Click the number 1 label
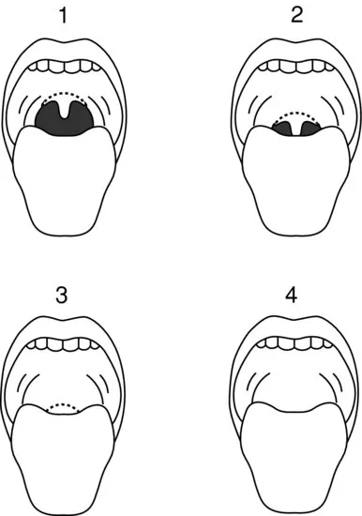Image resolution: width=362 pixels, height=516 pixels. (x=64, y=15)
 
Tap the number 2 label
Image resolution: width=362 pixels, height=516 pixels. (x=297, y=15)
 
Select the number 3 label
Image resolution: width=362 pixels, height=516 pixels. (x=62, y=295)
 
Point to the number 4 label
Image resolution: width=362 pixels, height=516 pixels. (x=292, y=295)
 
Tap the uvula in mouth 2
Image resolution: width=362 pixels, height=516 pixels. (x=296, y=129)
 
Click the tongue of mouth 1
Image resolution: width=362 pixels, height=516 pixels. (x=65, y=177)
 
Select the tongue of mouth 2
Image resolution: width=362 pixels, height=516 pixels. (x=295, y=179)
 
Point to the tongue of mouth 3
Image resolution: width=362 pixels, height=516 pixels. (x=63, y=458)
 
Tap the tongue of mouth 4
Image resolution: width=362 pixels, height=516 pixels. (x=294, y=458)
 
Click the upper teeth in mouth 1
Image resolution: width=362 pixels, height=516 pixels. (x=65, y=66)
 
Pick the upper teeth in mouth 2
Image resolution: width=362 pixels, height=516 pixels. (x=296, y=66)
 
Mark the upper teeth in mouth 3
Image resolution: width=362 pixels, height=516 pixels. (x=64, y=344)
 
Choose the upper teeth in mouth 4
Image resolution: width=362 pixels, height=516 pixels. (x=294, y=343)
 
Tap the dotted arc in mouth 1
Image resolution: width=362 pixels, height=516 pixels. (x=65, y=93)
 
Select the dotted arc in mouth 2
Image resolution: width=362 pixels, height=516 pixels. (x=296, y=114)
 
